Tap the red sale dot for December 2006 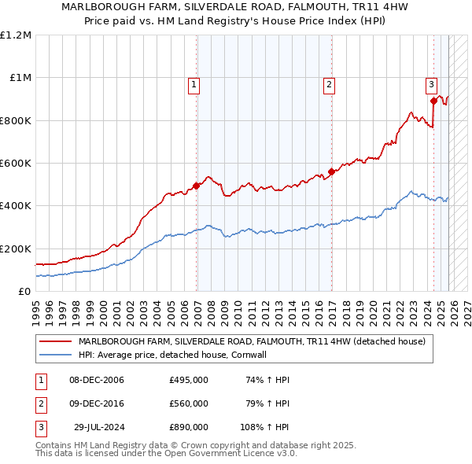pyautogui.click(x=196, y=186)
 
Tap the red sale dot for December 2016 pyautogui.click(x=331, y=171)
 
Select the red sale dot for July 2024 pyautogui.click(x=433, y=101)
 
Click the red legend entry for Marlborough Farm pyautogui.click(x=252, y=341)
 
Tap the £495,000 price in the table pyautogui.click(x=189, y=380)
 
